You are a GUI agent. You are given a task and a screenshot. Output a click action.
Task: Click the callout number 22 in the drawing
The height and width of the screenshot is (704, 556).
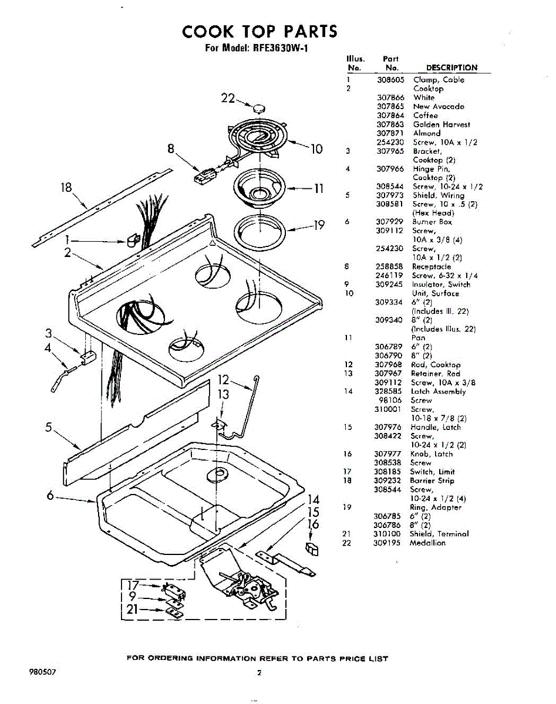click(x=228, y=98)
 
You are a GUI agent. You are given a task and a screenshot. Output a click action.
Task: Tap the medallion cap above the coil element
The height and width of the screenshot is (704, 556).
click(x=259, y=108)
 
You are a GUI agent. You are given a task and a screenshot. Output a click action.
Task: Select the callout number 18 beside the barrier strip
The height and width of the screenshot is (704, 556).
click(x=66, y=188)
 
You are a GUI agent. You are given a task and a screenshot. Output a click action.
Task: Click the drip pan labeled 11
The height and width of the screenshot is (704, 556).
click(x=260, y=188)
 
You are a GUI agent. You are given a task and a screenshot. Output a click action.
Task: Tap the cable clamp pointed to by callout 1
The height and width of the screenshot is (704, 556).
click(x=133, y=240)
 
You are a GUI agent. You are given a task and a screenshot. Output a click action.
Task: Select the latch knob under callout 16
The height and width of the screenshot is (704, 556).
click(x=312, y=549)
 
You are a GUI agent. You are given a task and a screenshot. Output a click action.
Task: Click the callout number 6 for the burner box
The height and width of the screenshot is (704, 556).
click(x=50, y=495)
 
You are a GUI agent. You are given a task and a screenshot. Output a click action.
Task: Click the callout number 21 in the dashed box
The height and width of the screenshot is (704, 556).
click(x=132, y=609)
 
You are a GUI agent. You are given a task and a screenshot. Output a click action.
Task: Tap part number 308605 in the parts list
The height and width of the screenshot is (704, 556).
click(x=390, y=80)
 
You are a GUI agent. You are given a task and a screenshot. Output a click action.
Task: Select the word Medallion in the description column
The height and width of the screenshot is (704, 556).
click(x=427, y=543)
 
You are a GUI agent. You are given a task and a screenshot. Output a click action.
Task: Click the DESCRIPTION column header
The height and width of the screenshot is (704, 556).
click(x=452, y=67)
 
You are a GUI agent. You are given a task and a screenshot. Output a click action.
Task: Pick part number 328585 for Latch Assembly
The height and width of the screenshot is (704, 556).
click(x=388, y=391)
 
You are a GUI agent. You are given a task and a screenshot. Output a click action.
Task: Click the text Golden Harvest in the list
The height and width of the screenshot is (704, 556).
click(x=442, y=124)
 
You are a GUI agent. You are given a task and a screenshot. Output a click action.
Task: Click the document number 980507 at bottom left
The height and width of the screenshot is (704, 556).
click(x=43, y=672)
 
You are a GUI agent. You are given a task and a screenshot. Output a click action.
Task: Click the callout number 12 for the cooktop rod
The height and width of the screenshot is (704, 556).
click(x=223, y=380)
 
